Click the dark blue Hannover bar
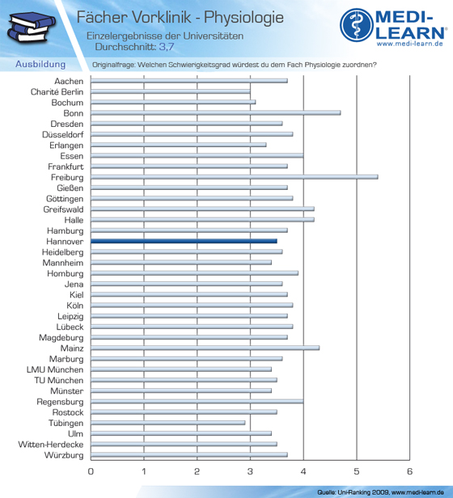pos(184,241)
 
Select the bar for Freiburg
pos(235,177)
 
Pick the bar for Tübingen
pos(167,423)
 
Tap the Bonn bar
pos(216,112)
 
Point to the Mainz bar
pos(205,348)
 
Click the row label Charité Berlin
pos(57,92)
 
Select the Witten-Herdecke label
pos(51,445)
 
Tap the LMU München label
pos(55,369)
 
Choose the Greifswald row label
pos(63,209)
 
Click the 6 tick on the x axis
pos(409,471)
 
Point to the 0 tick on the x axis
pos(91,471)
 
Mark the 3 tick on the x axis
pos(250,471)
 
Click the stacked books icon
pos(32,27)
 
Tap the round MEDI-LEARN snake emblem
pos(357,25)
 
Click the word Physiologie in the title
pos(243,18)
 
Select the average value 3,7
pos(167,47)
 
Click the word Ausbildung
pos(40,64)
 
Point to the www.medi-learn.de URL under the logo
pos(410,44)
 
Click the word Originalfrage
pos(113,65)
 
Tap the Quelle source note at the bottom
pos(380,492)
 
